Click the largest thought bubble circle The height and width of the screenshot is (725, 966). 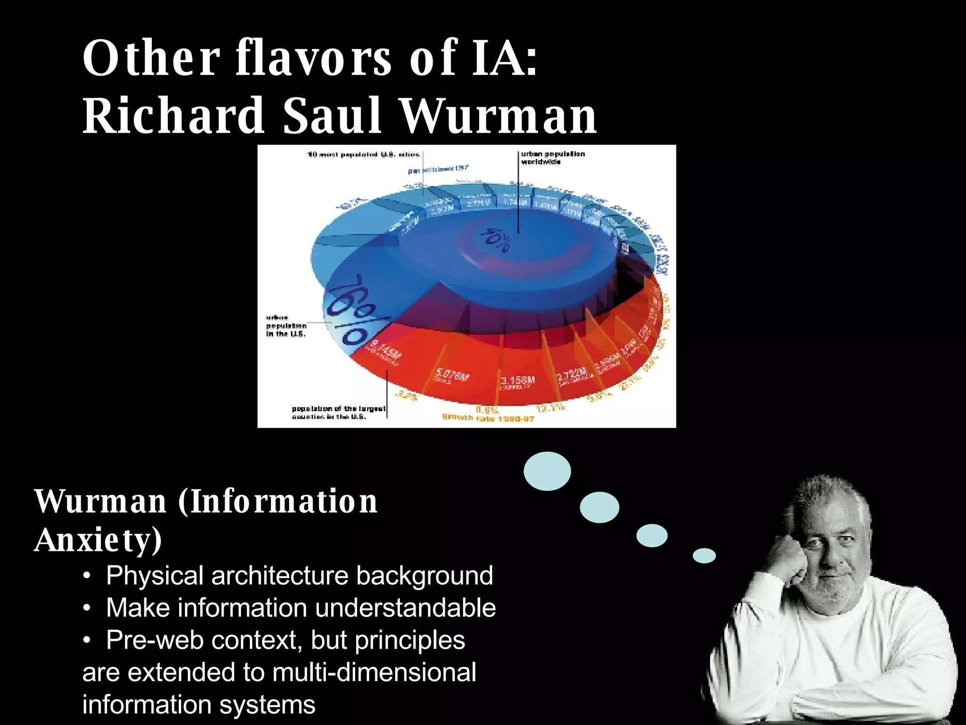point(547,471)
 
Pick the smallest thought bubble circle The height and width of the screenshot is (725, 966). point(704,556)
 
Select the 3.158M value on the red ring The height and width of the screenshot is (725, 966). point(518,380)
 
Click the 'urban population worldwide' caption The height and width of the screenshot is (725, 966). point(552,158)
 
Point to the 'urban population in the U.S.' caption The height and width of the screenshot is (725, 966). point(286,326)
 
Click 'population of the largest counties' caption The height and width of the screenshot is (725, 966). point(339,413)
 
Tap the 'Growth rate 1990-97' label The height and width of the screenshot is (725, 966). point(488,418)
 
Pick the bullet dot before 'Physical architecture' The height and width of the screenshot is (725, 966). point(86,576)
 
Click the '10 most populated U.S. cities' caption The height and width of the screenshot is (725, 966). point(363,154)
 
